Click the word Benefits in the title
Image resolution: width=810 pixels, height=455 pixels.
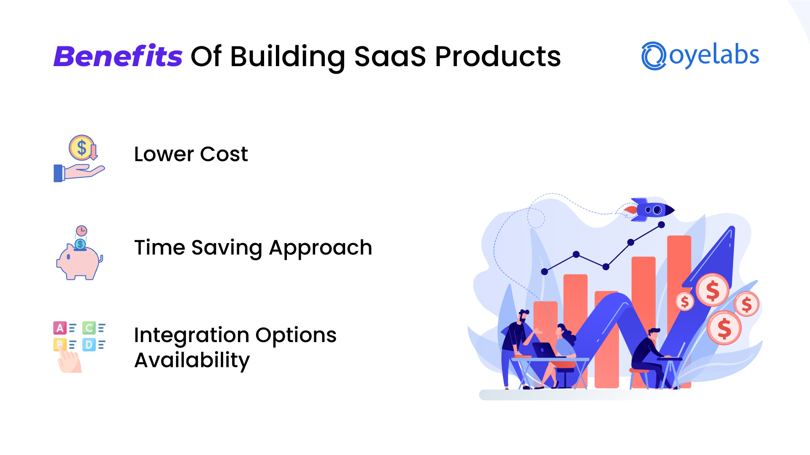point(118,56)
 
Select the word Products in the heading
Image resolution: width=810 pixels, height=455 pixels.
point(498,56)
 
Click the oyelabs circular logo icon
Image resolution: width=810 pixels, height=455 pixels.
point(653,56)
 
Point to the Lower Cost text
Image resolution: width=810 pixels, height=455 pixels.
point(191,154)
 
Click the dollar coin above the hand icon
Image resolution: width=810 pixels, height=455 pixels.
point(81,148)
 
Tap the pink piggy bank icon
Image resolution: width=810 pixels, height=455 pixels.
point(79,261)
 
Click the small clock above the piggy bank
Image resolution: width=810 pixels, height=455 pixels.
point(81,231)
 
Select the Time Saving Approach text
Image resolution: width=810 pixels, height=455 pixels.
point(253,248)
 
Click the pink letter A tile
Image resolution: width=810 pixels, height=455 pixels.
point(59,328)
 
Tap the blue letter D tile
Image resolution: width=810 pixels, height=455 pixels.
point(89,345)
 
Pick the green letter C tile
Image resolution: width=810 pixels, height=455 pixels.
point(89,328)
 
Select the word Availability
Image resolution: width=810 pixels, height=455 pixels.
point(192,361)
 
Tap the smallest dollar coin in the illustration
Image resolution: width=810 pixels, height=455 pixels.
point(685,302)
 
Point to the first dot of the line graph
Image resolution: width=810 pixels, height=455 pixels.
point(544,272)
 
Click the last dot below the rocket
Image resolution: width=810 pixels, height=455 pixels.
point(661,225)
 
